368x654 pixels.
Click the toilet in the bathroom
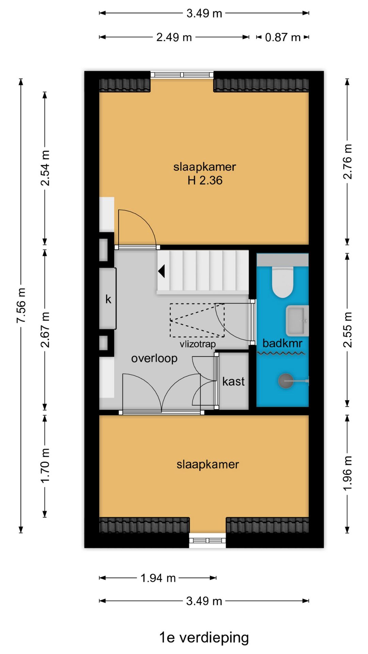coord(282,282)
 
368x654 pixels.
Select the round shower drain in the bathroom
coord(286,381)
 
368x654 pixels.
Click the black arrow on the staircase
coord(162,271)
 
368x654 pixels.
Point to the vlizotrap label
coord(198,344)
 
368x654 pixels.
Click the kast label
coord(233,381)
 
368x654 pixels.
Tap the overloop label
coord(154,359)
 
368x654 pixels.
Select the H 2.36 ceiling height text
coord(205,180)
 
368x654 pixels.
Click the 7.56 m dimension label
coord(21,306)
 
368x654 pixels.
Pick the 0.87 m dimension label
coord(283,37)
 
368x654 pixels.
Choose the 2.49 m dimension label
coord(174,37)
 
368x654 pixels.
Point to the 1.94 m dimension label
coord(158,578)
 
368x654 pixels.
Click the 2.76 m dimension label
coord(347,161)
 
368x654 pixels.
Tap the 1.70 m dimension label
coord(45,466)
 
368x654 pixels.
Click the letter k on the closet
coord(108,299)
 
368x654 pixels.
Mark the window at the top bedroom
coord(182,75)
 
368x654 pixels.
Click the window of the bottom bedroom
coord(208,541)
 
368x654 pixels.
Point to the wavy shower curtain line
coord(281,354)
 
